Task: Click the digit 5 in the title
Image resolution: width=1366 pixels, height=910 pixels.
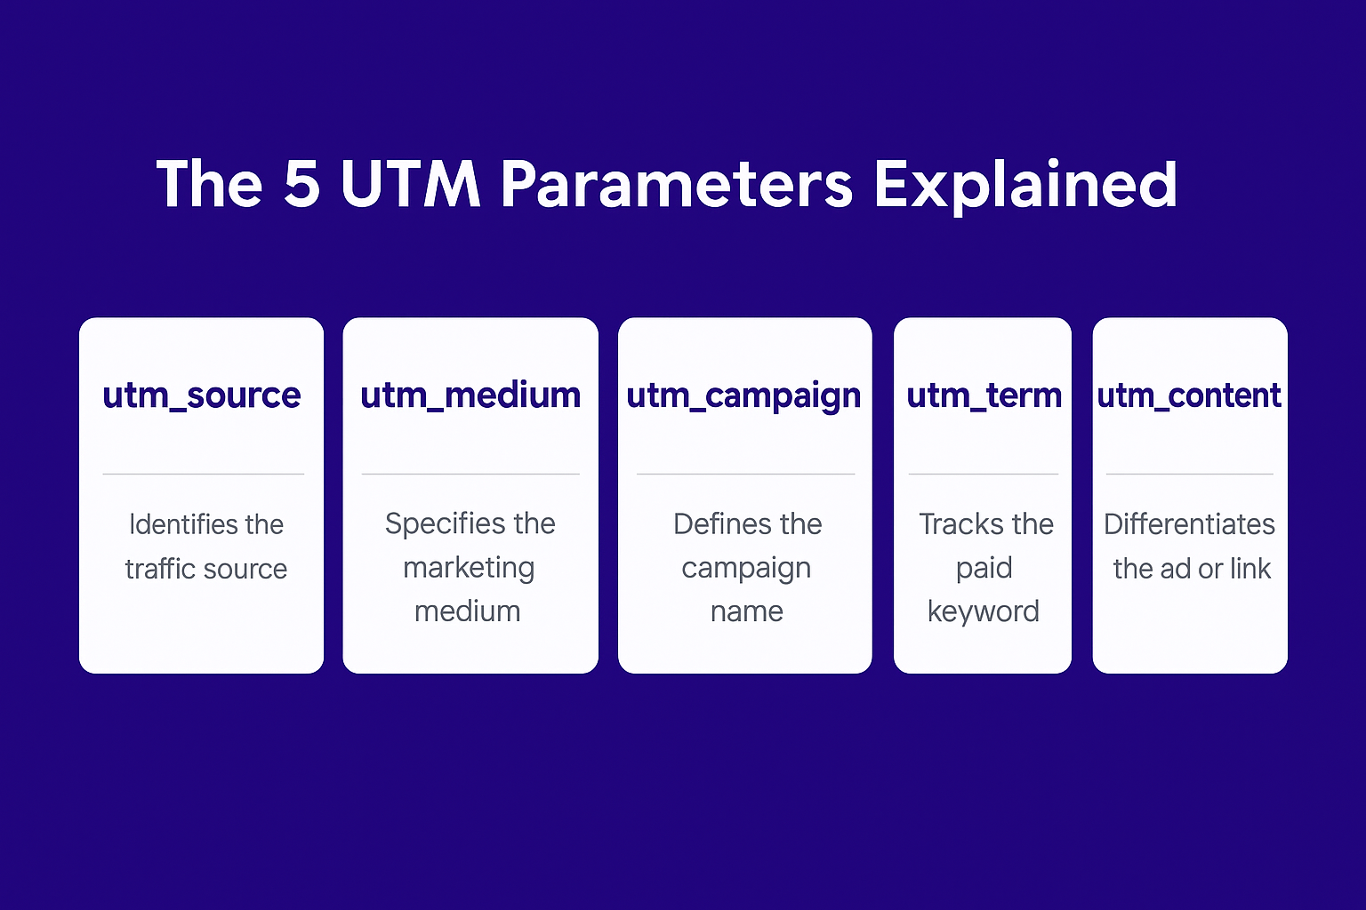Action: click(302, 184)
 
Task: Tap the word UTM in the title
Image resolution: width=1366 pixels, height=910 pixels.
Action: click(410, 184)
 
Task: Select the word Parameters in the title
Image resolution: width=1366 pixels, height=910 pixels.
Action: click(676, 184)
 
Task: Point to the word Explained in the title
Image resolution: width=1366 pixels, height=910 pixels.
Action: click(1025, 184)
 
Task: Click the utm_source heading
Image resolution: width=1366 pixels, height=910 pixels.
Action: click(202, 395)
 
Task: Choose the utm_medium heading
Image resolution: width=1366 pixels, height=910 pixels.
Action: click(470, 395)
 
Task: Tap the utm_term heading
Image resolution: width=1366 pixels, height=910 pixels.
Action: click(984, 395)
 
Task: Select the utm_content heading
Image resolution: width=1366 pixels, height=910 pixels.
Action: click(1189, 395)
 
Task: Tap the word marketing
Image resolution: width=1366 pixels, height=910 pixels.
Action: click(469, 568)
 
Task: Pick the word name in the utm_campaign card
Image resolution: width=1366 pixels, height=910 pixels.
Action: click(747, 611)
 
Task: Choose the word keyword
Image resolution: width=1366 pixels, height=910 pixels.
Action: click(984, 611)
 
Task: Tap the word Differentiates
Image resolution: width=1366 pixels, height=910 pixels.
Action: click(1189, 524)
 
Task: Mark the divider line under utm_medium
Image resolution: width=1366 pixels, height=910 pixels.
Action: click(470, 474)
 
